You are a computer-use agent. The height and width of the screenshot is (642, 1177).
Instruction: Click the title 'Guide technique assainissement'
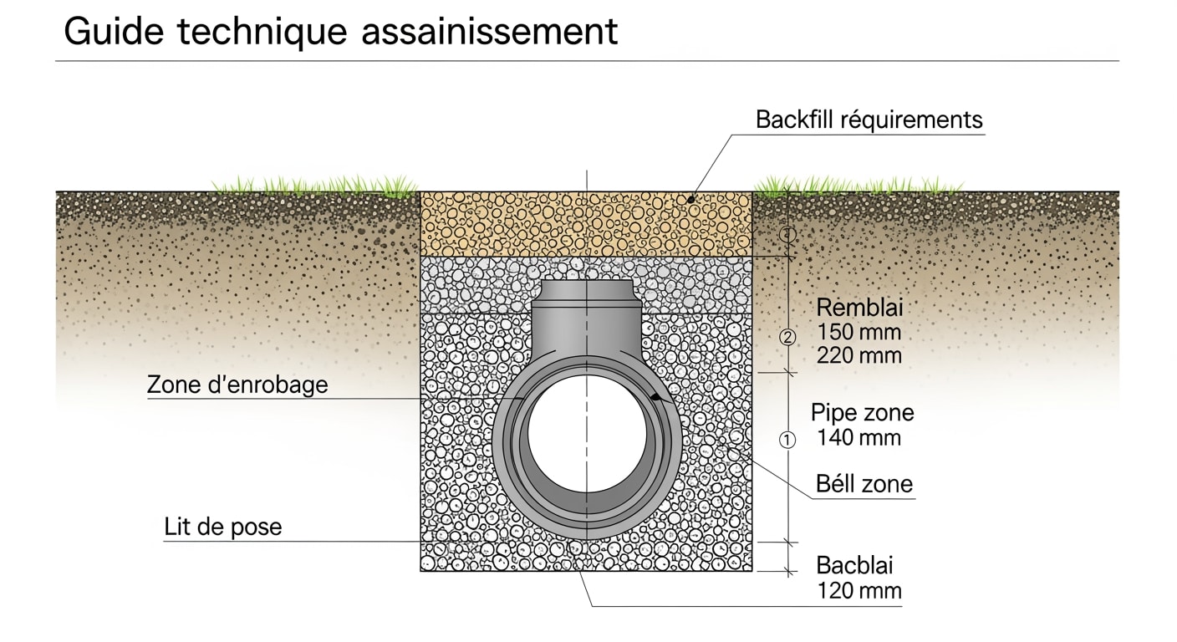coord(340,32)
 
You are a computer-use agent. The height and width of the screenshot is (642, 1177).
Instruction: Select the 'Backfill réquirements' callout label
coord(869,120)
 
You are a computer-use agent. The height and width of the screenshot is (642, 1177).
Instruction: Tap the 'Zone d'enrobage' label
coord(237,385)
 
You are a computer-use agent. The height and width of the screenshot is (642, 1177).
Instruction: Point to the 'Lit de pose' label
coord(223,527)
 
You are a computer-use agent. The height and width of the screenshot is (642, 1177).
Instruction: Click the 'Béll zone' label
coord(864,483)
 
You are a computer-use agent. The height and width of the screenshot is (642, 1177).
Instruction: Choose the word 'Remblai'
coord(860,308)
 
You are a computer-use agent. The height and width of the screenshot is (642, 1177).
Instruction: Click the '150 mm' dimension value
coord(859,332)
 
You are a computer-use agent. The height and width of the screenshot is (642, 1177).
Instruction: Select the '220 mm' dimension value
coord(859,355)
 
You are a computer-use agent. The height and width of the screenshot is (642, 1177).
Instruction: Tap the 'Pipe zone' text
coord(863,413)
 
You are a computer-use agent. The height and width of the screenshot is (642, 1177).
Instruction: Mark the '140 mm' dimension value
coord(859,437)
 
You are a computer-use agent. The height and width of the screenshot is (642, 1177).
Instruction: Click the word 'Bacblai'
coord(855,565)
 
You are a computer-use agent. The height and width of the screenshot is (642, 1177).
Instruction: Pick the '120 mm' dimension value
coord(859,591)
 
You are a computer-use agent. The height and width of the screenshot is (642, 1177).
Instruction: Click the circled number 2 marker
coord(787,338)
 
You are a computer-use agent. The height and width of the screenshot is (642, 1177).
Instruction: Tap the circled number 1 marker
coord(787,440)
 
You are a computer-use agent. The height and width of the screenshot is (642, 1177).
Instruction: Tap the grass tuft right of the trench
coord(857,185)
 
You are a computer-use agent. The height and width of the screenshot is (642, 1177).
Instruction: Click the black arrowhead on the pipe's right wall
coord(658,400)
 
